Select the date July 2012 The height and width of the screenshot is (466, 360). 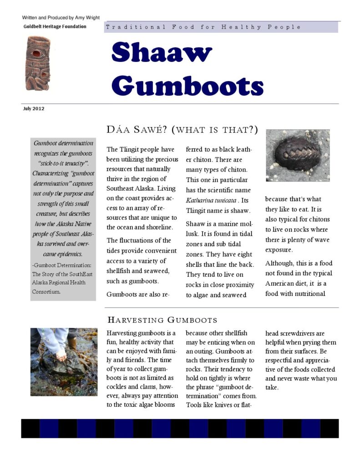pos(34,109)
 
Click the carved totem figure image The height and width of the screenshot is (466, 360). pos(38,63)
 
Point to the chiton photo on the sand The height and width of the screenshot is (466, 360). pos(298,155)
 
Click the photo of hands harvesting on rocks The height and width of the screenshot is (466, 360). pos(63,362)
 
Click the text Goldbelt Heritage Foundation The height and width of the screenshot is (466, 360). pos(55,26)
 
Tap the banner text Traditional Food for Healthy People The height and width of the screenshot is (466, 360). pos(203,27)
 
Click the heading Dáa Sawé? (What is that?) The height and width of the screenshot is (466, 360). pos(182,130)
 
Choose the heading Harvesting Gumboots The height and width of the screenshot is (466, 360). pos(162,320)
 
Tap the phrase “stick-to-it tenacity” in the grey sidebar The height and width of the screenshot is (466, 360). pos(63,163)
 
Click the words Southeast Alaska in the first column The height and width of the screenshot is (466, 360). pos(132,187)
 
